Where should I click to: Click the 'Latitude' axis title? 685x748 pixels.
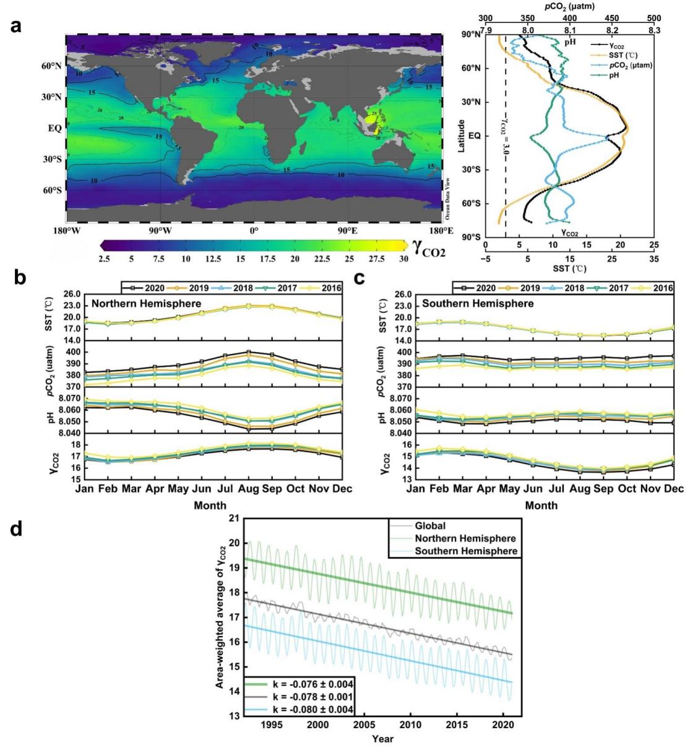(x=462, y=137)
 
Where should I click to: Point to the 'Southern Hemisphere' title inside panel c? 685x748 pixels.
(x=478, y=304)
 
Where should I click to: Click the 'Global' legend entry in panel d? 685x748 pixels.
(x=430, y=526)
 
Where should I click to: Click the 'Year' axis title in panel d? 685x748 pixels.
(x=382, y=738)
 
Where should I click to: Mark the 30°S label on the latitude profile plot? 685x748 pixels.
(x=473, y=170)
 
